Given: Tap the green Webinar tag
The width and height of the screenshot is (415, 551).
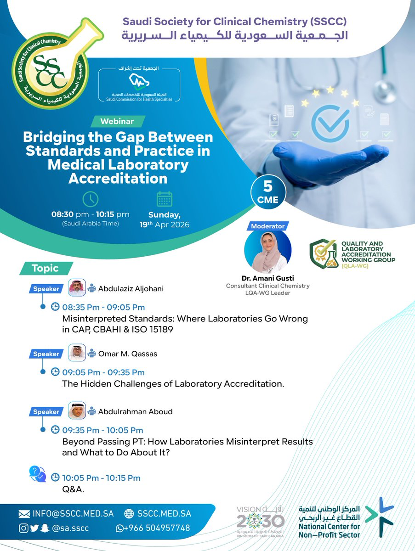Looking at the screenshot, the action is click(118, 121).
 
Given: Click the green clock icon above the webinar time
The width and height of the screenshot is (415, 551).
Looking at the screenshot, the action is click(91, 199).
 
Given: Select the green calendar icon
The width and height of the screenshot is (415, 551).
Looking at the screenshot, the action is click(165, 199).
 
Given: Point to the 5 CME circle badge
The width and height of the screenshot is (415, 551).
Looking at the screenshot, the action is click(268, 192).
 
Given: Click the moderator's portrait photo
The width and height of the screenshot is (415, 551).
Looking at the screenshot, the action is click(268, 251).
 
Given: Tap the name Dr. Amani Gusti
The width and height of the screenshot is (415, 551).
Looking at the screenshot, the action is click(268, 278).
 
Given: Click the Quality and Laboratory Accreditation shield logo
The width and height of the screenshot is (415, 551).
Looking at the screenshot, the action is click(324, 253).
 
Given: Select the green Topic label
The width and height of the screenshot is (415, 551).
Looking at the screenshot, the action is click(46, 268).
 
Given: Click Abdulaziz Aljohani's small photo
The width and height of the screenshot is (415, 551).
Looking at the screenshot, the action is click(77, 287).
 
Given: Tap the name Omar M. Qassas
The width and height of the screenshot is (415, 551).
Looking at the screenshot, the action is click(128, 354).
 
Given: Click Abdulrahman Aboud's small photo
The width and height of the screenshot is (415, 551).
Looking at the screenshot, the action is click(77, 410).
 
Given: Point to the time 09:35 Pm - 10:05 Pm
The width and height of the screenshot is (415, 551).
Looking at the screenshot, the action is click(103, 430).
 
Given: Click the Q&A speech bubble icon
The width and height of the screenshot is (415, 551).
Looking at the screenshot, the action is click(37, 474).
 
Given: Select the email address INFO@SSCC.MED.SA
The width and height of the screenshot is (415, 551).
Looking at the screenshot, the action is click(73, 514).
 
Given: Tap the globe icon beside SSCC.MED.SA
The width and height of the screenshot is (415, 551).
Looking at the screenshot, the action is click(129, 514).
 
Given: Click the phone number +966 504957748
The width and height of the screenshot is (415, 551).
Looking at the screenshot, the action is click(157, 528).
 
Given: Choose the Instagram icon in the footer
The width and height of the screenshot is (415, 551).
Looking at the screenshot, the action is click(23, 529).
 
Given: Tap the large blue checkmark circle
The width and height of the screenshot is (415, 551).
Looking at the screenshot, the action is click(330, 124).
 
